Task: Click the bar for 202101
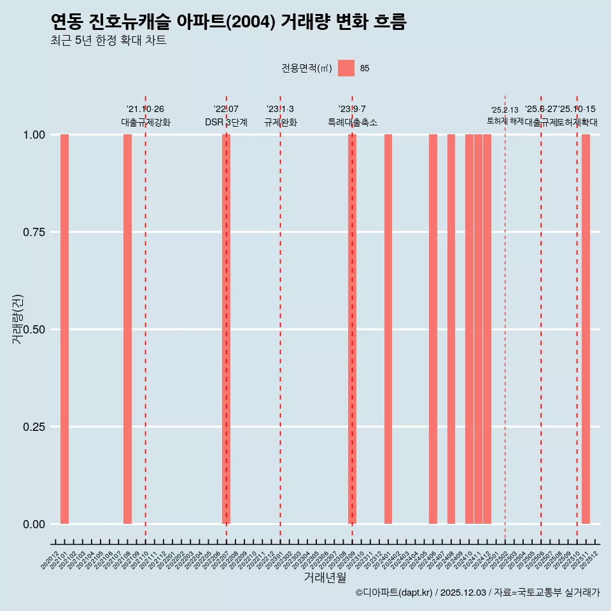click(x=64, y=329)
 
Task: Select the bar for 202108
click(x=127, y=329)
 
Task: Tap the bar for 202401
click(x=388, y=329)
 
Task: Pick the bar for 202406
click(x=433, y=329)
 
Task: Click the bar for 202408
click(x=451, y=329)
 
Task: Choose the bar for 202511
click(x=586, y=329)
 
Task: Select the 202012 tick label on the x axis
click(x=50, y=560)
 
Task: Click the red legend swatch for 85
click(x=346, y=68)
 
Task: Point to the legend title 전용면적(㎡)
click(x=307, y=68)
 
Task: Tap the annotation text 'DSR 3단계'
click(x=226, y=122)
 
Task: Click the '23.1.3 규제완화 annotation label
click(x=280, y=116)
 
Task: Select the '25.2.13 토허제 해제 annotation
click(x=505, y=115)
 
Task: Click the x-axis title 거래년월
click(x=325, y=578)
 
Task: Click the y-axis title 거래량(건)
click(x=18, y=318)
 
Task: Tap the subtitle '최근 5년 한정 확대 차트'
click(x=108, y=41)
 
